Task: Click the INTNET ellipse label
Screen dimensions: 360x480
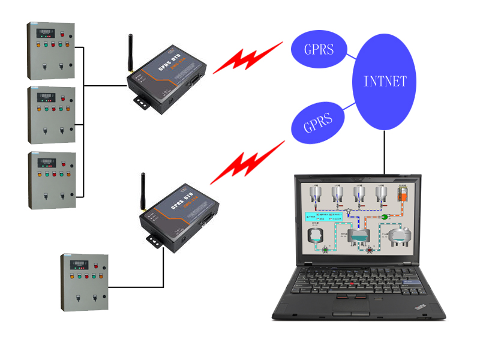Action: click(385, 82)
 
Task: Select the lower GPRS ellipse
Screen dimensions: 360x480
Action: click(317, 127)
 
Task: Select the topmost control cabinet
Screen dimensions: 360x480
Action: click(51, 51)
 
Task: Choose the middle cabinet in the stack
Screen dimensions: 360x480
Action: click(52, 115)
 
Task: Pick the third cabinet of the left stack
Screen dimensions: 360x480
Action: click(52, 179)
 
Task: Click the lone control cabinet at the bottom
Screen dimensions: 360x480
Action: click(85, 281)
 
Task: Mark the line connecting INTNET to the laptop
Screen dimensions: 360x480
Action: click(384, 151)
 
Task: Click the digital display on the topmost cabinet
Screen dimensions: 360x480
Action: click(47, 31)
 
